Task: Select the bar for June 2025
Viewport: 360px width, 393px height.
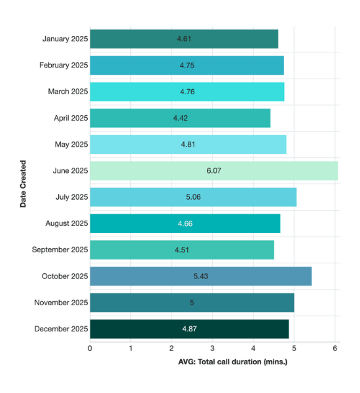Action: coord(213,170)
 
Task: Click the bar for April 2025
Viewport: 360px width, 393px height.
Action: coord(180,118)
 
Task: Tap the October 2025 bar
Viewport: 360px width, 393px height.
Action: coord(200,276)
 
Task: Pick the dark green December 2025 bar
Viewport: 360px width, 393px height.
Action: coord(189,329)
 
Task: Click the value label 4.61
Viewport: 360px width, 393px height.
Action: coord(185,39)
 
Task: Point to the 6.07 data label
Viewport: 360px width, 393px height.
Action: coord(214,170)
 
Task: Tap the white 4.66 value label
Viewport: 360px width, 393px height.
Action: coord(185,223)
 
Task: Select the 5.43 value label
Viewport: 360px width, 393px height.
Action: coord(201,276)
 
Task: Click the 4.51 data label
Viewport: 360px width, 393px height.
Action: coord(182,250)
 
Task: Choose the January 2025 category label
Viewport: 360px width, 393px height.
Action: coord(65,39)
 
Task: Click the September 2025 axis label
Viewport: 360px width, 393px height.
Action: coord(60,250)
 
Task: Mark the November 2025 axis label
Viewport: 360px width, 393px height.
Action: coord(60,303)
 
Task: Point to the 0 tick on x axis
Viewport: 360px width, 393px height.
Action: coord(90,348)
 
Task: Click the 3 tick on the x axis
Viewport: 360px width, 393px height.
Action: coord(212,348)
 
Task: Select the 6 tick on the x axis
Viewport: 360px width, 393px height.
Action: coord(334,348)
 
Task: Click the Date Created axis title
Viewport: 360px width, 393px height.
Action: coord(23,184)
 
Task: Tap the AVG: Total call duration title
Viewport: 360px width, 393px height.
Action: coord(233,362)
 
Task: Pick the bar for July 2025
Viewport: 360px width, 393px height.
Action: coord(193,197)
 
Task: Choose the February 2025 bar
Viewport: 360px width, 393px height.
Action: coord(187,65)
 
